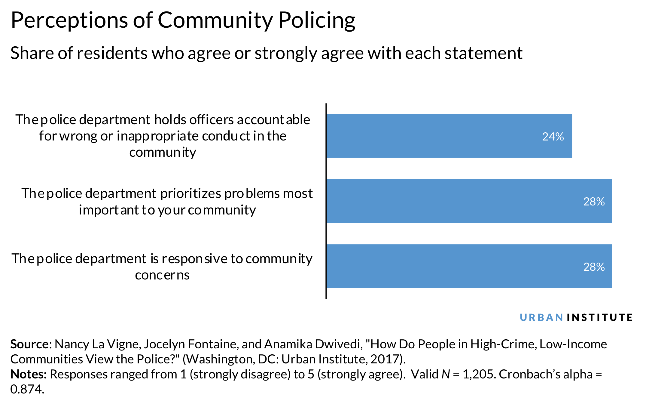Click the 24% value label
pyautogui.click(x=553, y=137)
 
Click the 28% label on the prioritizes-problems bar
pyautogui.click(x=594, y=202)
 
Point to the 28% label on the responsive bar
pyautogui.click(x=594, y=267)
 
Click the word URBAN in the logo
pyautogui.click(x=541, y=317)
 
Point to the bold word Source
pyautogui.click(x=29, y=344)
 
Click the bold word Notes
pyautogui.click(x=28, y=374)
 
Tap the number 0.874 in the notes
pyautogui.click(x=27, y=389)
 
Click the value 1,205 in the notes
pyautogui.click(x=479, y=374)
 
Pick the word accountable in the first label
pyautogui.click(x=273, y=120)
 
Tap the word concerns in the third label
pyautogui.click(x=162, y=275)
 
